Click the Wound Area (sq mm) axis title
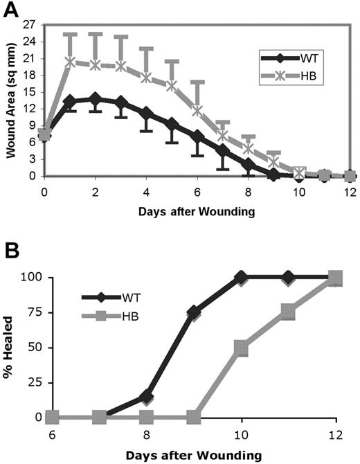12,100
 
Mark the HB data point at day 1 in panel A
69,62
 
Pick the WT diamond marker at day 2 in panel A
95,99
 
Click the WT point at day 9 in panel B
194,312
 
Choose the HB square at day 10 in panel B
242,348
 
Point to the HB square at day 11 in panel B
289,312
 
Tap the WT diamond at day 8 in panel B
146,397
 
